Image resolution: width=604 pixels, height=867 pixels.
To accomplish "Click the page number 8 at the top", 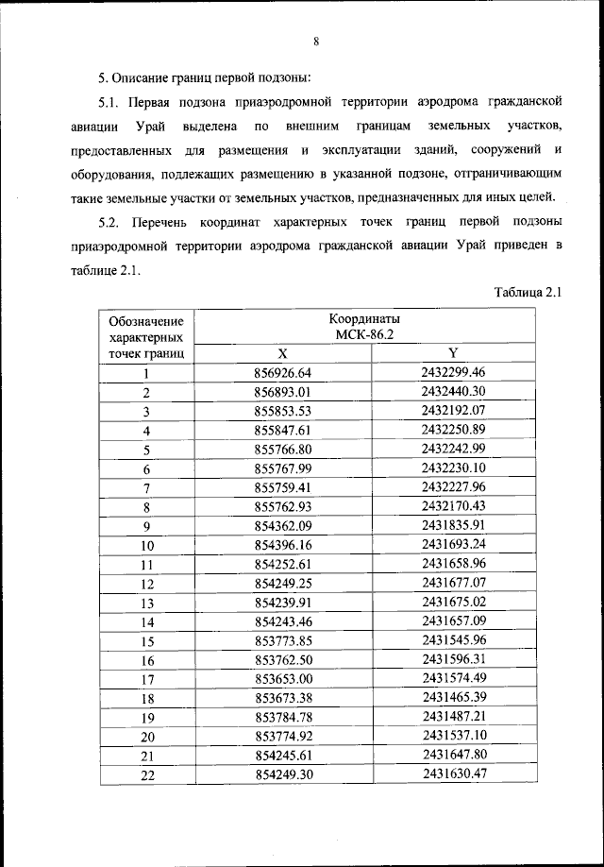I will pos(316,41).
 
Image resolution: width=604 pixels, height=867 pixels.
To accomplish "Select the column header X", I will pos(283,353).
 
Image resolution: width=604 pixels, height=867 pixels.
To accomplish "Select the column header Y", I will pos(453,353).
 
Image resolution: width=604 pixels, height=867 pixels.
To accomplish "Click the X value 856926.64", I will pos(283,372).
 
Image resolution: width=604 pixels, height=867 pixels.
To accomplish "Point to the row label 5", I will pos(147,450).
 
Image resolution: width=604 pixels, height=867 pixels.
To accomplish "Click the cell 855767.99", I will pos(283,468).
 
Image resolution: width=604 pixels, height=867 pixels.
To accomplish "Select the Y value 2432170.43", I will pos(453,506).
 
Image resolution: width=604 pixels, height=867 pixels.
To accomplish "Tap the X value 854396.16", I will pos(283,545).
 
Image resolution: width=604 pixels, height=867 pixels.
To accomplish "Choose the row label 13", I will pos(147,603).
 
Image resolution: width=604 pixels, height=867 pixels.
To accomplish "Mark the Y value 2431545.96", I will pos(453,640).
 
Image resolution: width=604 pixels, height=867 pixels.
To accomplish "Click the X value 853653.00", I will pos(283,679).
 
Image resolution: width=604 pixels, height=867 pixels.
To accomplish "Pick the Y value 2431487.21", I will pos(453,717).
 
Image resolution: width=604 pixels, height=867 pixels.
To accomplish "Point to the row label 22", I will pos(147,774).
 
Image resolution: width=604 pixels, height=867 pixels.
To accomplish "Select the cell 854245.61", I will pos(283,756).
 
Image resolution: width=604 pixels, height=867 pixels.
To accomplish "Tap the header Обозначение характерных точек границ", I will pos(146,337).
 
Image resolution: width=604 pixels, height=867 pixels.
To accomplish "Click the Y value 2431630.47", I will pos(453,774).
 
